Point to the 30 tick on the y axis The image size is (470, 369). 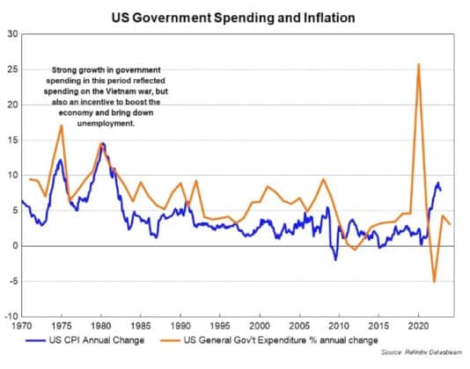(12, 34)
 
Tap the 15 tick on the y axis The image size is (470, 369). (12, 140)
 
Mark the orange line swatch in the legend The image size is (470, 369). (186, 339)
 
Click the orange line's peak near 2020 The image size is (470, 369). (418, 64)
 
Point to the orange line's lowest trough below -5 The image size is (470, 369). (434, 282)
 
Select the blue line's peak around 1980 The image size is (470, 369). (103, 143)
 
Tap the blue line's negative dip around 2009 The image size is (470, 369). (334, 260)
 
